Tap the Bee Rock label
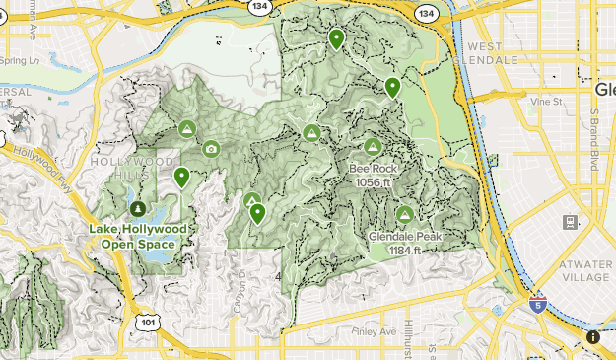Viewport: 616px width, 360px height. coord(373,175)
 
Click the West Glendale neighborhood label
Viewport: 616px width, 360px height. coord(492,52)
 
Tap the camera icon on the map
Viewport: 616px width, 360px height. coord(211,149)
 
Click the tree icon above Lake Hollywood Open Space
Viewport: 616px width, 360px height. coord(137,209)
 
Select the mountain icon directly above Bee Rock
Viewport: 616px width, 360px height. coord(373,147)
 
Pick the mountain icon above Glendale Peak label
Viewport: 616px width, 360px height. coord(403,214)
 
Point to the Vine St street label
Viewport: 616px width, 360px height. coord(544,101)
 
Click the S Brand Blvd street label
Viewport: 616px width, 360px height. coord(594,138)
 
